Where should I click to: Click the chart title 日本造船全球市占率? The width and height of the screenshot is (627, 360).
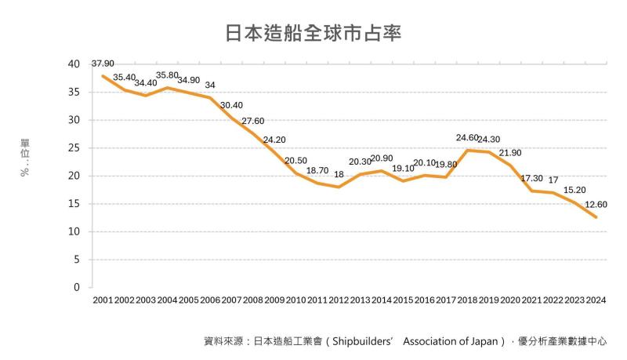pyautogui.click(x=313, y=33)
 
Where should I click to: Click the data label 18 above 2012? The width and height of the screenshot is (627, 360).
pyautogui.click(x=339, y=174)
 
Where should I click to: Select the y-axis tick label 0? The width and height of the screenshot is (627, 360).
pyautogui.click(x=77, y=288)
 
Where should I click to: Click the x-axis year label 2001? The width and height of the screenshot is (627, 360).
pyautogui.click(x=103, y=301)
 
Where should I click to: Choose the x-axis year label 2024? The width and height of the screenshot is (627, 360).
pyautogui.click(x=596, y=301)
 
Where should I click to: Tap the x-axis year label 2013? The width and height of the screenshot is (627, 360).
pyautogui.click(x=361, y=301)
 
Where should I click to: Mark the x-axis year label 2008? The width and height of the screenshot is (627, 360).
pyautogui.click(x=253, y=301)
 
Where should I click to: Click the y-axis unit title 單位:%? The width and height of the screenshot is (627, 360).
pyautogui.click(x=26, y=157)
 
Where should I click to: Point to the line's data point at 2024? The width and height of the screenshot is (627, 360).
pyautogui.click(x=596, y=217)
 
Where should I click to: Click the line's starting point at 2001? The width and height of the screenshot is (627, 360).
pyautogui.click(x=103, y=75)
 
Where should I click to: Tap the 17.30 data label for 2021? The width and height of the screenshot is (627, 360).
pyautogui.click(x=532, y=179)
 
